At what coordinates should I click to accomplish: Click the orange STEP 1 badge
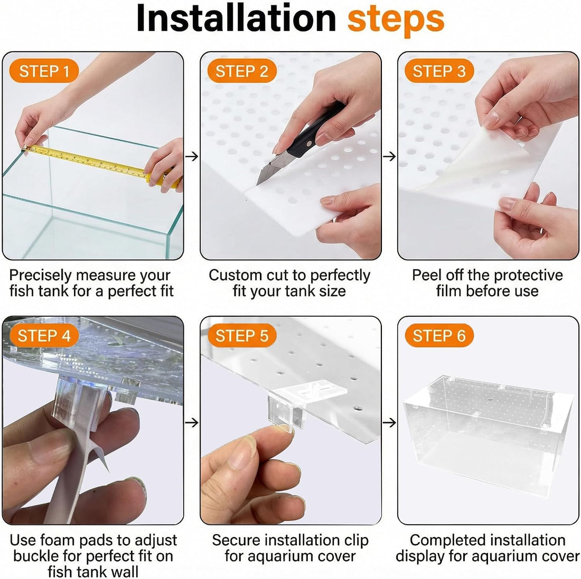click(x=44, y=71)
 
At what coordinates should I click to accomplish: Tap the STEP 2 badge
click(x=241, y=71)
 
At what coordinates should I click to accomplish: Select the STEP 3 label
click(x=439, y=71)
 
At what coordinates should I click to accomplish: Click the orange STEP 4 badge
click(x=44, y=335)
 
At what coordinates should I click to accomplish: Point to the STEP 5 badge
click(x=241, y=335)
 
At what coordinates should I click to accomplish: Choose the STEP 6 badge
click(x=439, y=335)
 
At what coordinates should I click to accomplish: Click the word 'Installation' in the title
click(x=237, y=18)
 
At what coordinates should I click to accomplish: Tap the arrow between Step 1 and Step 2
click(x=192, y=157)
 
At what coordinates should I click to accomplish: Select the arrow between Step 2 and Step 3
click(x=389, y=157)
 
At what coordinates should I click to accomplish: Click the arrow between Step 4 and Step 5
click(x=192, y=422)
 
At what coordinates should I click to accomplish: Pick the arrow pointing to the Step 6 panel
click(x=389, y=422)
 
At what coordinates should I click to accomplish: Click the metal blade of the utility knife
click(x=269, y=168)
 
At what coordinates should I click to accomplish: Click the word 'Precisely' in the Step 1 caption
click(x=40, y=276)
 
